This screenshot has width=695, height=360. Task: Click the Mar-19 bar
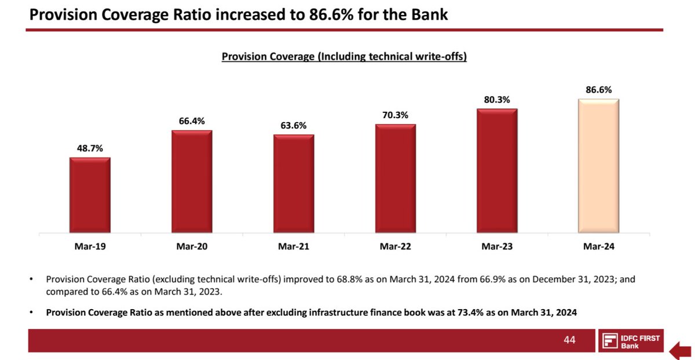90,195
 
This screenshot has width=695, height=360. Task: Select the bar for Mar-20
192,181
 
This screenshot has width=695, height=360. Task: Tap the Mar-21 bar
294,184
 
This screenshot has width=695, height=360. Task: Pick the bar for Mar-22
395,178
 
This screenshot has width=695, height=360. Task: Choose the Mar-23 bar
497,171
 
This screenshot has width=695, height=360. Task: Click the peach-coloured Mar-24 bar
599,166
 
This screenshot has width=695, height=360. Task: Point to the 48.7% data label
90,149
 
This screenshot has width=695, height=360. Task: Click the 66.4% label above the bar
192,121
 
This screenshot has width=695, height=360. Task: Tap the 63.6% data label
294,126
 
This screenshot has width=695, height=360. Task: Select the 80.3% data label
497,100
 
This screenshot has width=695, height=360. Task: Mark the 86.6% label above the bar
599,90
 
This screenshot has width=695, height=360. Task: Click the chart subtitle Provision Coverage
344,57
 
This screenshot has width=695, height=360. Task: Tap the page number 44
570,340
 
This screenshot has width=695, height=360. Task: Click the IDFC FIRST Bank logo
631,341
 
